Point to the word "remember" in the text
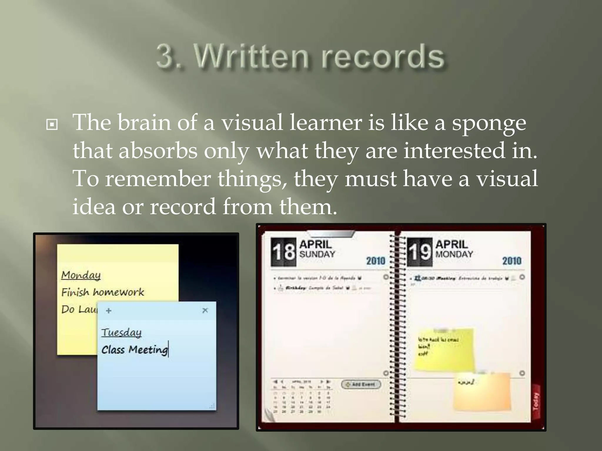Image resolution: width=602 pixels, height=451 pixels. pyautogui.click(x=158, y=179)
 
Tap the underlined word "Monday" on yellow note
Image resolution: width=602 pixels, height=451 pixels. pyautogui.click(x=81, y=275)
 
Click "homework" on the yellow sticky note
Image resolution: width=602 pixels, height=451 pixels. pyautogui.click(x=118, y=292)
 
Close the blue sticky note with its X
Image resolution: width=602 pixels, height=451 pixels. pyautogui.click(x=205, y=310)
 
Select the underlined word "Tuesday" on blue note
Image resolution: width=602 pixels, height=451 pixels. pyautogui.click(x=121, y=332)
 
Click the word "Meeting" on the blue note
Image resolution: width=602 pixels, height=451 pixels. pyautogui.click(x=148, y=350)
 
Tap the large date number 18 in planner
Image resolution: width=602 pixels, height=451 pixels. pyautogui.click(x=283, y=252)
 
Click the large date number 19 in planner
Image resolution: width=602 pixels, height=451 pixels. pyautogui.click(x=419, y=252)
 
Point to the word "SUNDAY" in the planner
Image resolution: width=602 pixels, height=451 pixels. pyautogui.click(x=317, y=254)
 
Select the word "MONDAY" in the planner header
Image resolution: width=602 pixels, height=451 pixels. pyautogui.click(x=454, y=254)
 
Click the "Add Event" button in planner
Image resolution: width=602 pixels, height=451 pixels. pyautogui.click(x=361, y=384)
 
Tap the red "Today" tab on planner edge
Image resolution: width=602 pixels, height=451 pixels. pyautogui.click(x=536, y=401)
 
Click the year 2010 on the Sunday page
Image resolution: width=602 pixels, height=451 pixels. pyautogui.click(x=375, y=261)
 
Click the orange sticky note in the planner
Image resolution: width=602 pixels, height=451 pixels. pyautogui.click(x=482, y=393)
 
